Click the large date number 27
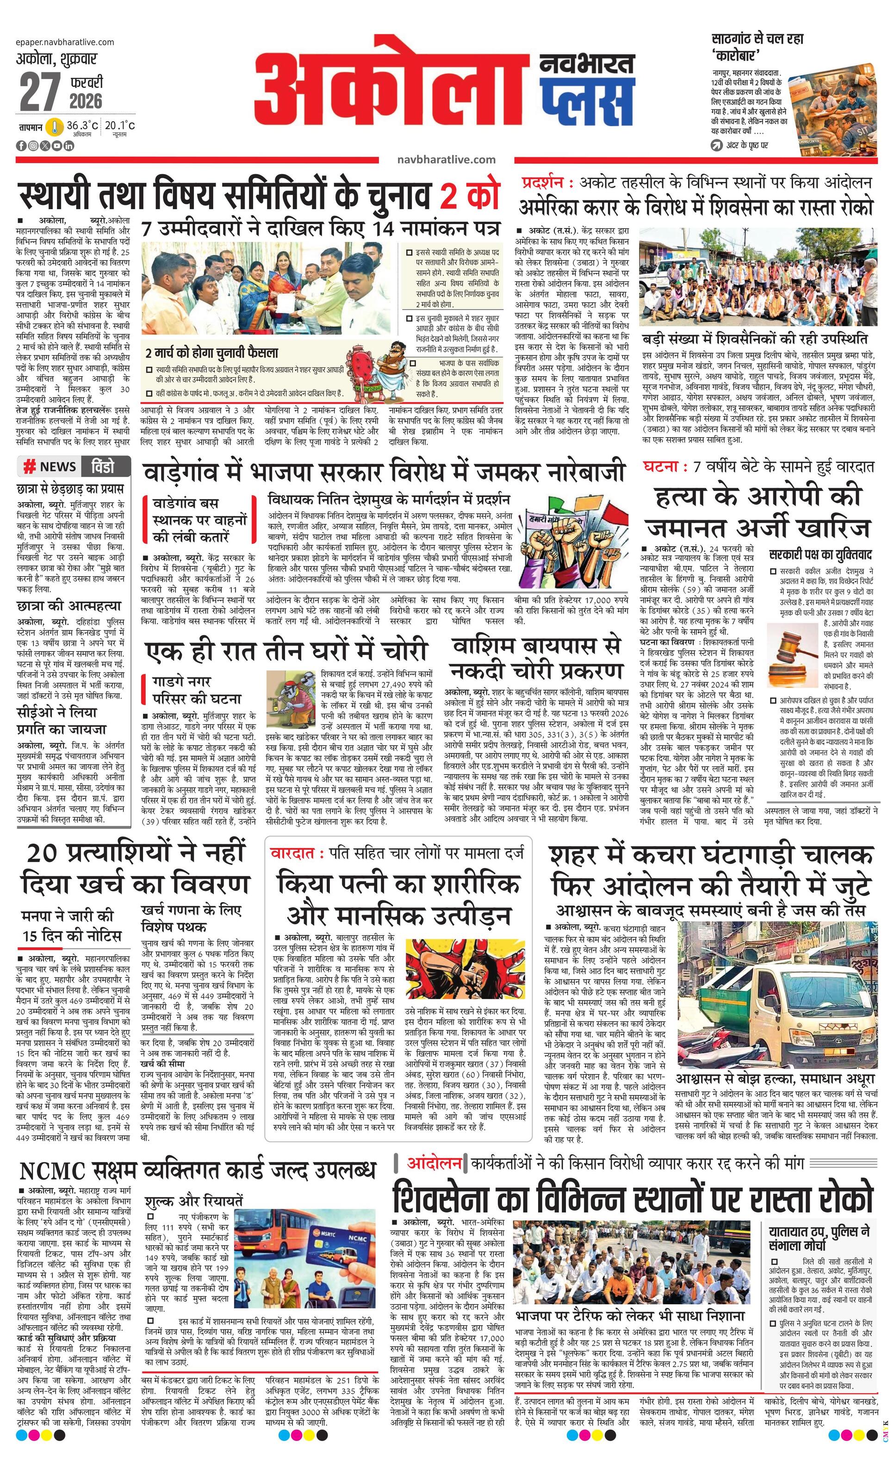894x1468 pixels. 40,91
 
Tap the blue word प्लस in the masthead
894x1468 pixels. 586,96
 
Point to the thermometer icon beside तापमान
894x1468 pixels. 55,127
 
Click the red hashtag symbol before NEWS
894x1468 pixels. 29,467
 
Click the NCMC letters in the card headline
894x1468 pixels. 52,1171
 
